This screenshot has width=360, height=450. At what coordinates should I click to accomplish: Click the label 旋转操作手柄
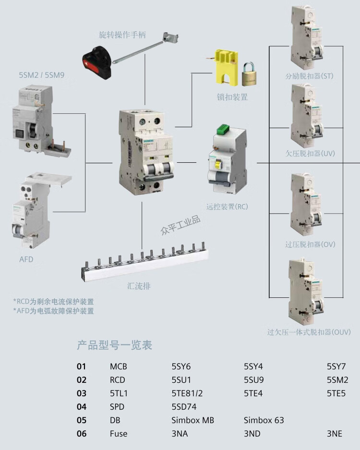(x=122, y=35)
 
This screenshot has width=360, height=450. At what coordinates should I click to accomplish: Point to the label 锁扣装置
(x=232, y=97)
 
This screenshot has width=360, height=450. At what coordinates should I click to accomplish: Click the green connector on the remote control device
(x=225, y=129)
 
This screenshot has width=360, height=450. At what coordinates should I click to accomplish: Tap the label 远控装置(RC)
(x=227, y=207)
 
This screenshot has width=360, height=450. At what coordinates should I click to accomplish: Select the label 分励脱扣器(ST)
(x=309, y=76)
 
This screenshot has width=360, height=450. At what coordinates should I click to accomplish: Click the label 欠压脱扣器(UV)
(x=310, y=153)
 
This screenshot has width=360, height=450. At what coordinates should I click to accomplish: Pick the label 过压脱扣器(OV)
(x=310, y=244)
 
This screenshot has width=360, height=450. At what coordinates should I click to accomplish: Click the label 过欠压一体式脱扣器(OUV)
(x=309, y=332)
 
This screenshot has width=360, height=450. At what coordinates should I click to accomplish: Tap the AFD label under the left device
(x=26, y=259)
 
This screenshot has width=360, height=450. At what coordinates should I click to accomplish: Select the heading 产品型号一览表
(x=114, y=345)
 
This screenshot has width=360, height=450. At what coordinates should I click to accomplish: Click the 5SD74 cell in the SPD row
(x=184, y=407)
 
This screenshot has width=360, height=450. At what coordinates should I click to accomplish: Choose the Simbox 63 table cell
(x=264, y=420)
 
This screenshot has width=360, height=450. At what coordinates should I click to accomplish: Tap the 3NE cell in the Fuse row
(x=334, y=434)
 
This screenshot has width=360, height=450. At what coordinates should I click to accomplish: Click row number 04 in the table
(x=82, y=407)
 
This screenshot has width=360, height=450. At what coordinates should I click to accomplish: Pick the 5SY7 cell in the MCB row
(x=336, y=366)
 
